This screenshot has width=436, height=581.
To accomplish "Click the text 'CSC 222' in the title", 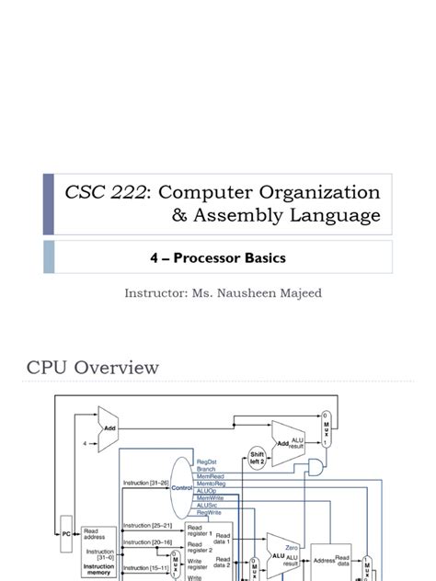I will pos(98,192).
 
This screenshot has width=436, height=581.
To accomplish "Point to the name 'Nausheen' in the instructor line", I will pos(250,294).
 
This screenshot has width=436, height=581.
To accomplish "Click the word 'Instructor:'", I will pos(157,294).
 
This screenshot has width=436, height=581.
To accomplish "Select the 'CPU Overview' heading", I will pos(92,368).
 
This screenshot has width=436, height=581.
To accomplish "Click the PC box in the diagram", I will pos(66,531).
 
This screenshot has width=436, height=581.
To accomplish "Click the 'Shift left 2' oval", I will pos(258,459).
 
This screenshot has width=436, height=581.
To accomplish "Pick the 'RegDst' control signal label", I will pos(207,461).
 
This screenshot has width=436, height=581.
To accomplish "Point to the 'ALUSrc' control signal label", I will pos(209,506).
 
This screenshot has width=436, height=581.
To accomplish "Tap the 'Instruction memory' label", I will pos(99,569).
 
